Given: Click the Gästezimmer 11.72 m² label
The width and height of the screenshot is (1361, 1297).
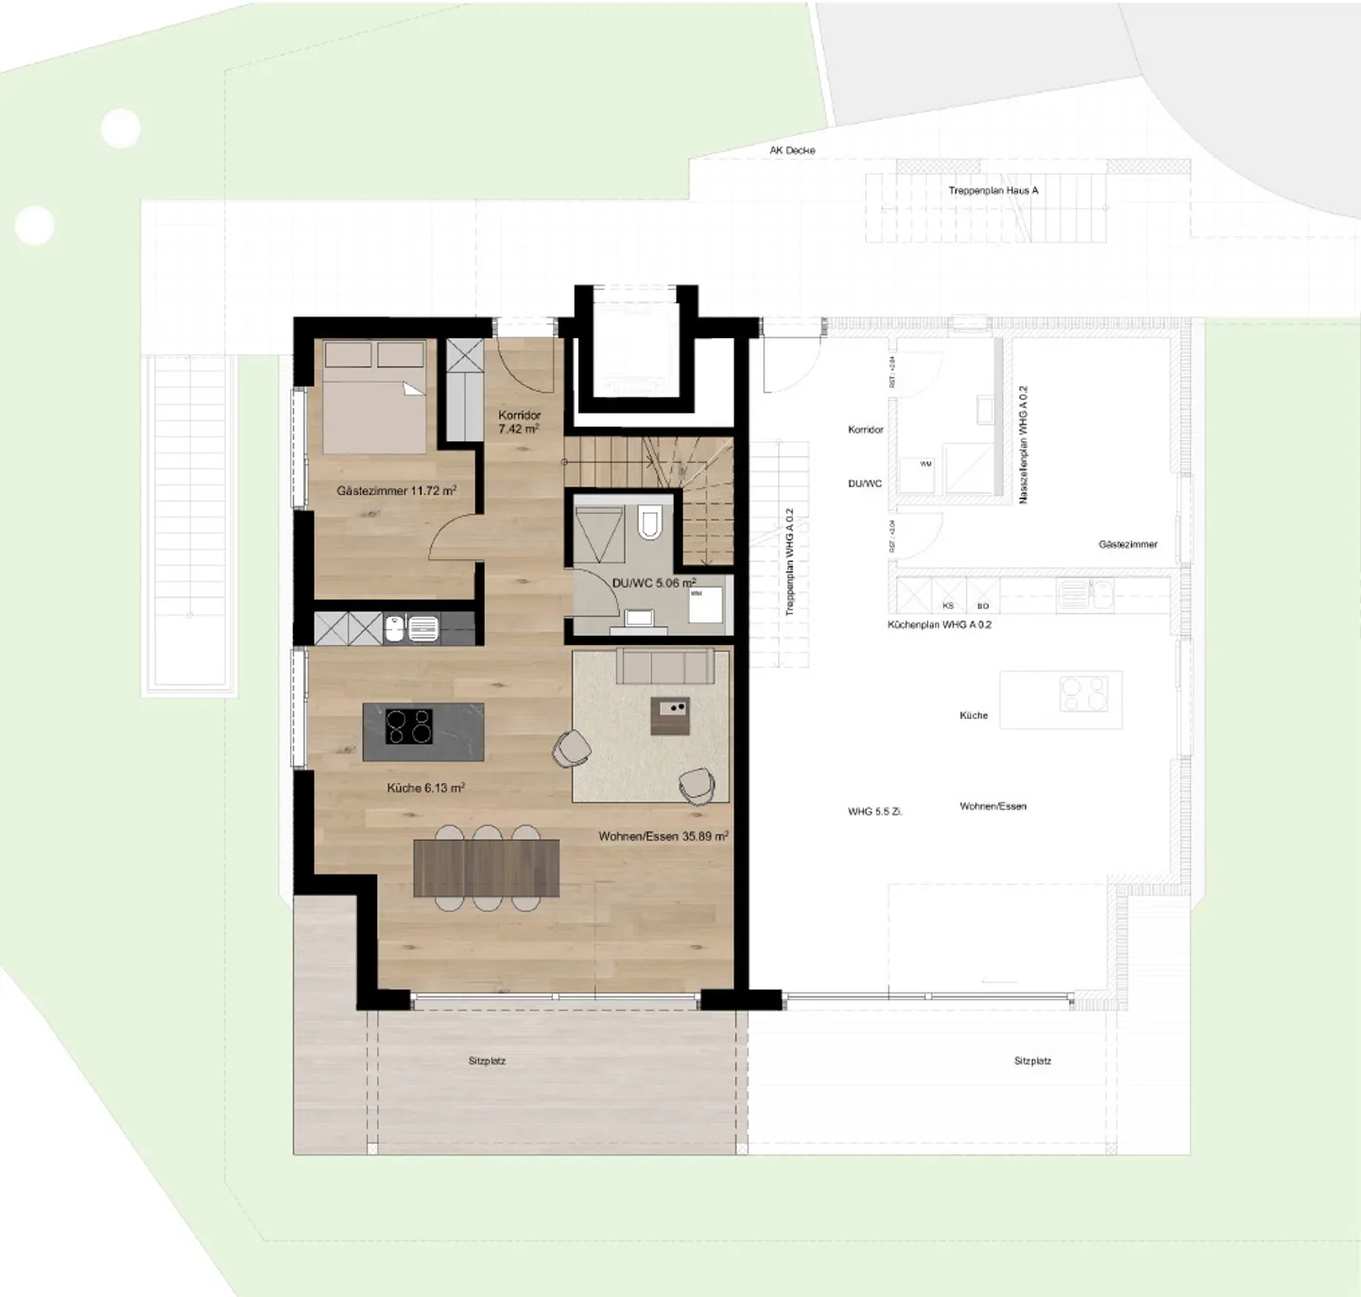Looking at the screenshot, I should tap(396, 490).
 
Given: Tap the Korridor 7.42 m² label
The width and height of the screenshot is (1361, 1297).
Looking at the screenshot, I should tap(519, 422).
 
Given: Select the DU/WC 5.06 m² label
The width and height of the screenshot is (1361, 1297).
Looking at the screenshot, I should tap(653, 583).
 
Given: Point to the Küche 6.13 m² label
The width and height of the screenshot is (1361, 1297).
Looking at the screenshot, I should tap(425, 787).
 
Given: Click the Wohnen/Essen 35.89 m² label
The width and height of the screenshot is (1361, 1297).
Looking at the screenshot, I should tap(663, 836).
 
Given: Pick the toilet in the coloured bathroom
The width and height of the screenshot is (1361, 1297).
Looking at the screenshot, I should tap(649, 522).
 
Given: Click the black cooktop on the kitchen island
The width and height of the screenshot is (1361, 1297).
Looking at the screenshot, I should tap(409, 726).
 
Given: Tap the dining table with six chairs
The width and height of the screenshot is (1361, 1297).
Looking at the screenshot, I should tap(486, 868).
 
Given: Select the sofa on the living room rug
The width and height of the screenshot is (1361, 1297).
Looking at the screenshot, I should tap(664, 666).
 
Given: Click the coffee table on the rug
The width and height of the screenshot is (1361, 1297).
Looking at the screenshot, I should tap(670, 717).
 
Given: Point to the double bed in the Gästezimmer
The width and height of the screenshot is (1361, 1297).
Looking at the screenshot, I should tap(375, 398).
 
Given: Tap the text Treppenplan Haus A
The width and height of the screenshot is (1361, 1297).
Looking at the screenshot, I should tap(993, 190).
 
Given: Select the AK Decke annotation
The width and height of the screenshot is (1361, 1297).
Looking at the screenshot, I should tap(792, 150).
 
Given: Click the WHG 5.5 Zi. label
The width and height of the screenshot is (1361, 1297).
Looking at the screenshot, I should tap(875, 811).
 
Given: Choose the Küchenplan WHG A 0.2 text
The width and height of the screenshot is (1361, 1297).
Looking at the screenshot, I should tap(939, 624).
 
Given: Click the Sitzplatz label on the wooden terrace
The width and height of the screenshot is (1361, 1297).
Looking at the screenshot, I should tap(487, 1061).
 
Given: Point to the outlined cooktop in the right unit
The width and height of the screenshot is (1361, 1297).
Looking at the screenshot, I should tap(1084, 694).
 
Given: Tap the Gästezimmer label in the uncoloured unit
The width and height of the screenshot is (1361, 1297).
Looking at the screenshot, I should tap(1128, 544).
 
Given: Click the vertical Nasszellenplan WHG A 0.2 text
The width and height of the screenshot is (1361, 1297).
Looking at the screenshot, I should tap(1024, 444).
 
